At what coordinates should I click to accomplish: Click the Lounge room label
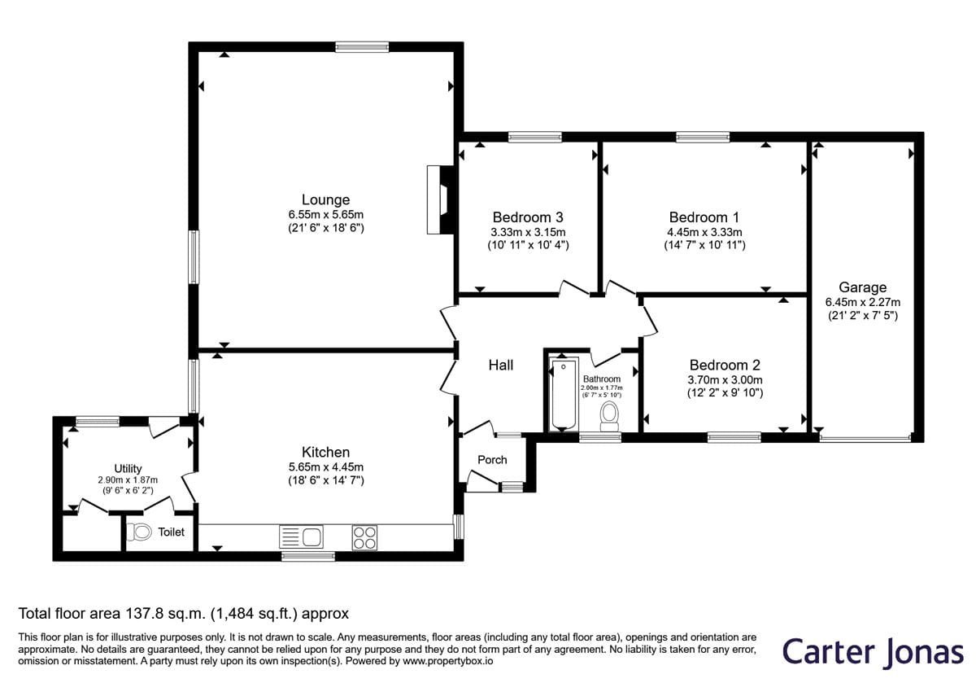pos(325,199)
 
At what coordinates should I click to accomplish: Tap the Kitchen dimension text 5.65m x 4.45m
pos(326,467)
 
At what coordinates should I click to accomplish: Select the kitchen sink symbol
pos(301,536)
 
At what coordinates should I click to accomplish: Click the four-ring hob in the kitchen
pos(364,537)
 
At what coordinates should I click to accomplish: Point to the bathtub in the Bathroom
pos(563,394)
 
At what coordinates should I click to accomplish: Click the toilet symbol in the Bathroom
pos(609,417)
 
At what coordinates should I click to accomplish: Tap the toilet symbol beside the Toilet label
pos(139,532)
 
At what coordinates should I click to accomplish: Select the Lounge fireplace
pos(442,199)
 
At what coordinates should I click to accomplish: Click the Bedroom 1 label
pos(704,217)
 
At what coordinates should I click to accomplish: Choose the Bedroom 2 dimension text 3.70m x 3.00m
pos(725,380)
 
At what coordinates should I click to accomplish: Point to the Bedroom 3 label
pos(528,217)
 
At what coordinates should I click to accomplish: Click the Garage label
pos(862,287)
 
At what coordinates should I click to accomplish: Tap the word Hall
pos(501,365)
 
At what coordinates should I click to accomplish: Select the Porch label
pos(492,460)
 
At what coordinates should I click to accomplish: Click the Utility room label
pos(128,469)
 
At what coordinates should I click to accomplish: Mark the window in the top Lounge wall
pos(362,47)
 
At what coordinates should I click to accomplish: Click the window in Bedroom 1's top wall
pos(703,137)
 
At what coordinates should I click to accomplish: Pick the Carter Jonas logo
pos(873,652)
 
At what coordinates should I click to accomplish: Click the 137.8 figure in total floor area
pos(144,614)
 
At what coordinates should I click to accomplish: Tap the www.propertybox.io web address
pos(448,661)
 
